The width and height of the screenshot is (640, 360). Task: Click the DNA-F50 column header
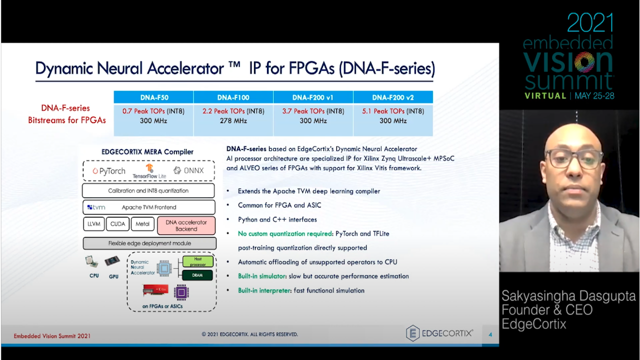pos(153,97)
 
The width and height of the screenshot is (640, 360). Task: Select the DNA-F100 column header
pos(233,97)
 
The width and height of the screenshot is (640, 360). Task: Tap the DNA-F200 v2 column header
pos(393,97)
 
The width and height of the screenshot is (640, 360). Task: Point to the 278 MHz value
pos(233,121)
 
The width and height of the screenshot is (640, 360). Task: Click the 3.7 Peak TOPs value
pos(303,111)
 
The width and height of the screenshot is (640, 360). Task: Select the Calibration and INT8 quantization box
pos(148,190)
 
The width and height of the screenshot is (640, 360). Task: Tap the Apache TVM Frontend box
pos(149,207)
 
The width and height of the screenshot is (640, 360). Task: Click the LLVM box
pos(93,224)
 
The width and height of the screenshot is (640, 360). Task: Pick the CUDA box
pos(117,224)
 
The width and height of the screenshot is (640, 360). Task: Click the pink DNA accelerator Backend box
pos(186,225)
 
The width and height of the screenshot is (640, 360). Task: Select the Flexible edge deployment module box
pos(149,243)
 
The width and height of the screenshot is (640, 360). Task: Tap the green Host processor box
pos(197,261)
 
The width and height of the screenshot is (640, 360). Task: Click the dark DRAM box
pos(197,275)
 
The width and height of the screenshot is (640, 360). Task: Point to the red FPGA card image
pos(155,290)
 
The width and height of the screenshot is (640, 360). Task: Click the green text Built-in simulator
pos(261,276)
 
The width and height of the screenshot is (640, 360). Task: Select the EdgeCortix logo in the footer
pos(439,333)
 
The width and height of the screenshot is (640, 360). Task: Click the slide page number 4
pos(490,334)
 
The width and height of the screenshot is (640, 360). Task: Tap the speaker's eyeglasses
pos(573,159)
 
